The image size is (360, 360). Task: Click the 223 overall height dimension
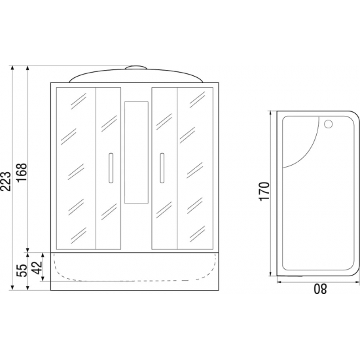(5, 181)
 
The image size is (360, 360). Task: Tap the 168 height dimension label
(22, 173)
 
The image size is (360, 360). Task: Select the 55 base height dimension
(22, 270)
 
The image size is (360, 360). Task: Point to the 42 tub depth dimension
(37, 268)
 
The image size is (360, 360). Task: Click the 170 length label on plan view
(264, 191)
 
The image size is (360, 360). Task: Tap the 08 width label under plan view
(320, 289)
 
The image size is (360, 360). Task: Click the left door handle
(111, 168)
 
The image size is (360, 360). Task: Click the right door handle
(162, 168)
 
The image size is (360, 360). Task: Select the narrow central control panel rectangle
(136, 153)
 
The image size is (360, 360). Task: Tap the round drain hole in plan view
(329, 124)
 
